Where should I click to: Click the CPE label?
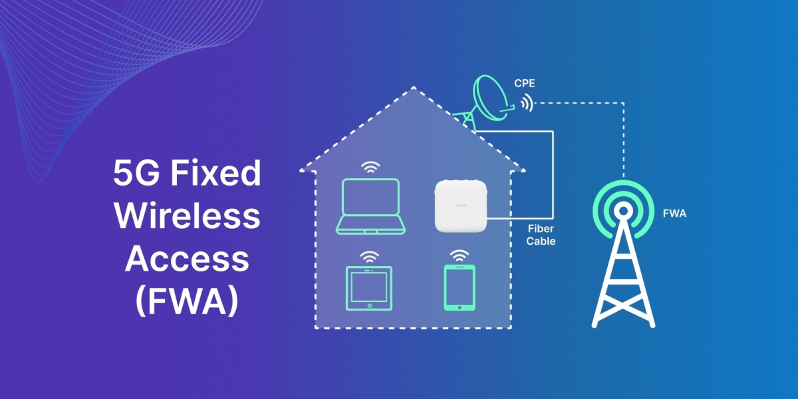click(525, 83)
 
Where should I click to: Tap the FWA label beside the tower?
click(674, 213)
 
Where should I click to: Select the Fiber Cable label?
click(541, 235)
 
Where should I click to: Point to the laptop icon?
click(370, 206)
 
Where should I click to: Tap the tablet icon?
click(369, 288)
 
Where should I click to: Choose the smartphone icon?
click(460, 287)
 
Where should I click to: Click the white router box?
click(461, 206)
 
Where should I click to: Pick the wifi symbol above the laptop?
click(370, 167)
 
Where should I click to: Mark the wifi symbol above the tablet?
click(370, 257)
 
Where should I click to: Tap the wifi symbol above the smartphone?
click(460, 256)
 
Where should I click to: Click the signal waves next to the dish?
click(527, 102)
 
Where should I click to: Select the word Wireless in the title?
click(187, 216)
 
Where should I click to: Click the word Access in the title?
click(187, 259)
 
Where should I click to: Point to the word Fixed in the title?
click(216, 173)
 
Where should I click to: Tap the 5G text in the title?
click(136, 173)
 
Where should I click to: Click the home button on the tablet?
click(370, 306)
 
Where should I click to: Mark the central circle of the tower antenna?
click(624, 211)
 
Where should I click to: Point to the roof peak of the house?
click(414, 87)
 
